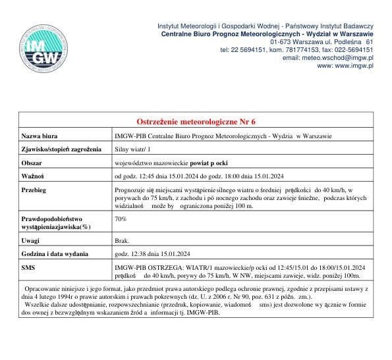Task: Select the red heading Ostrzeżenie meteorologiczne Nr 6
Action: (196, 122)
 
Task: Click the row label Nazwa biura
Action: (41, 136)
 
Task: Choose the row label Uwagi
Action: (30, 241)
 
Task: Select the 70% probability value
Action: (121, 219)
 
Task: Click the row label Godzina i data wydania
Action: (56, 254)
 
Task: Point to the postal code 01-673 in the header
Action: (280, 41)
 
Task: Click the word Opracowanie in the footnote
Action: (45, 290)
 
